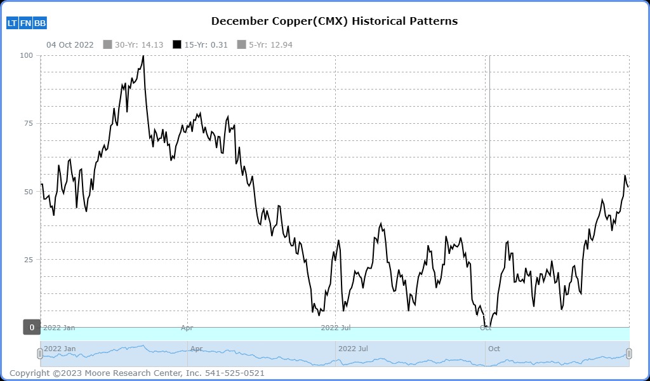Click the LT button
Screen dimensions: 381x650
[x=12, y=23]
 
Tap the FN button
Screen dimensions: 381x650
[x=25, y=23]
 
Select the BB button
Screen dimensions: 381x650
[x=40, y=23]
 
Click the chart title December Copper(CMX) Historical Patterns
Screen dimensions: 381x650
[x=334, y=21]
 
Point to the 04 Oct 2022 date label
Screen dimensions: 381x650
[x=70, y=44]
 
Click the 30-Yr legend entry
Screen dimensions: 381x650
[x=134, y=44]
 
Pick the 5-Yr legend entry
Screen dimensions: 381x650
[x=264, y=44]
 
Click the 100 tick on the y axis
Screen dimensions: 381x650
[x=26, y=55]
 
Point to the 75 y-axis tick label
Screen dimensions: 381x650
[x=28, y=123]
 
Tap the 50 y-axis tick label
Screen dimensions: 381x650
[x=28, y=191]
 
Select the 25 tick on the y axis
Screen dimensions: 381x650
[x=28, y=259]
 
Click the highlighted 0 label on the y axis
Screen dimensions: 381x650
[x=32, y=328]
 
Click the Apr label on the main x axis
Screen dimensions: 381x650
[x=187, y=328]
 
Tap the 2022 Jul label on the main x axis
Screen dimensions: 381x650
[x=335, y=328]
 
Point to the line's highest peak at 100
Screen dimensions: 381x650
[x=143, y=56]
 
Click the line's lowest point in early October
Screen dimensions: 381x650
[x=490, y=326]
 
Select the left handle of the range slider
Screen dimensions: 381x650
[x=40, y=354]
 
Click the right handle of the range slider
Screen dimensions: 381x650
[x=629, y=354]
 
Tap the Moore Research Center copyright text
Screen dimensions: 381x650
[x=137, y=373]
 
